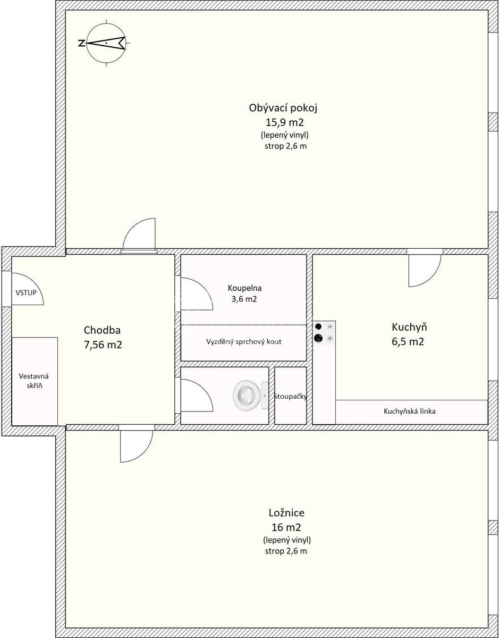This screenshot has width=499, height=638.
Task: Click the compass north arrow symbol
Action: point(106,43)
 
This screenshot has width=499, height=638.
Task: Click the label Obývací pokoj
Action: point(283,108)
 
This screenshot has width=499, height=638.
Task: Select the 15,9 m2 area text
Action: point(284,122)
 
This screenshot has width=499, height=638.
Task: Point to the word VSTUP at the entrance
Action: point(26,292)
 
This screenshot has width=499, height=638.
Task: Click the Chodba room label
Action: point(102,330)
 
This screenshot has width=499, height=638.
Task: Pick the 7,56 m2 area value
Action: point(103,344)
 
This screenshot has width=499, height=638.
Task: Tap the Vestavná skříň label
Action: point(33,381)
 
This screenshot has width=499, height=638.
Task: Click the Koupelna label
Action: point(244,288)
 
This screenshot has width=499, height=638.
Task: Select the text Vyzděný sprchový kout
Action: point(244,341)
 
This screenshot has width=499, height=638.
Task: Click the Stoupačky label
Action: point(291,397)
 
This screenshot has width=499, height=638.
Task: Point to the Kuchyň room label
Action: point(409,327)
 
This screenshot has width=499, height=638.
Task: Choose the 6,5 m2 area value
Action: point(408,341)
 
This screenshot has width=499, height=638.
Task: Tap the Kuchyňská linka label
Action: point(410,411)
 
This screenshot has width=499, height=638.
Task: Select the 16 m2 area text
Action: point(286,527)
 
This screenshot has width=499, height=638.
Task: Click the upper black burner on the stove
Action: point(318,326)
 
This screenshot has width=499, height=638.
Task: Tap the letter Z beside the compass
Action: point(81,44)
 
